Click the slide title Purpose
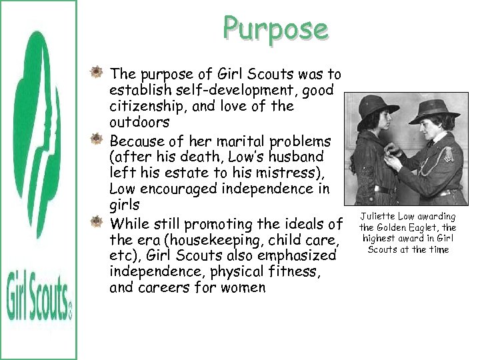(275, 29)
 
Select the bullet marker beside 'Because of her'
(97, 140)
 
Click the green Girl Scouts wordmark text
(39, 294)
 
